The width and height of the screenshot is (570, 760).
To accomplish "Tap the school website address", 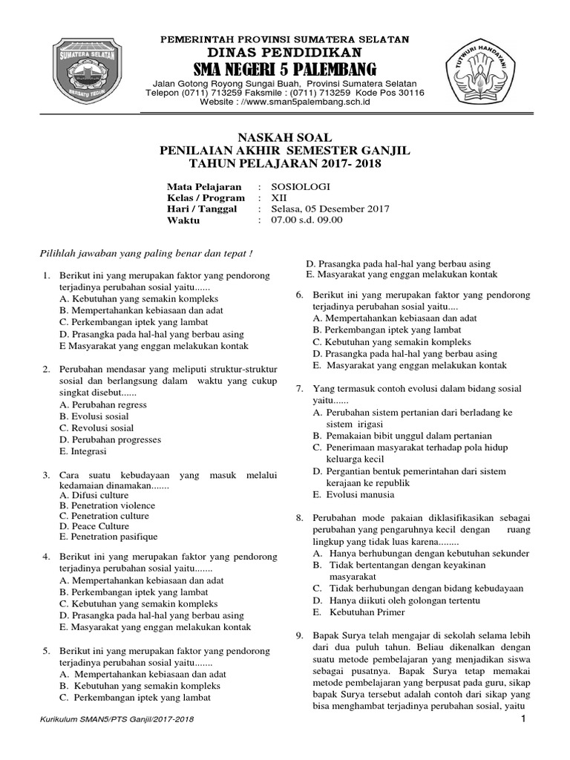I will coord(285,102).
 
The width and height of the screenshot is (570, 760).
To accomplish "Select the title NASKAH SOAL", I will coord(285,137).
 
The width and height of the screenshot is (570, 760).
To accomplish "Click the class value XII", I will coord(276,198).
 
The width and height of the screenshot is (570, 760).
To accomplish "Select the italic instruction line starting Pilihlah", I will coord(145,254).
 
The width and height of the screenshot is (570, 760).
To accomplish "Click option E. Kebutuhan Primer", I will coord(358,612).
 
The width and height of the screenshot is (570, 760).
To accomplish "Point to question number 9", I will coord(299,635).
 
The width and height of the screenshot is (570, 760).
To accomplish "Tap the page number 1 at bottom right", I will coord(524,719).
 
